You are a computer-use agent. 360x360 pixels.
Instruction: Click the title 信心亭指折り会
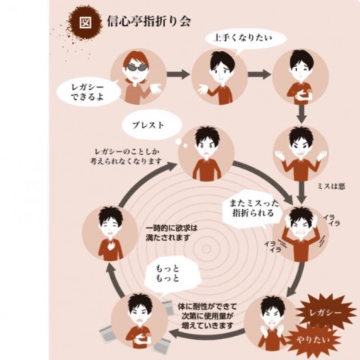tap(148, 22)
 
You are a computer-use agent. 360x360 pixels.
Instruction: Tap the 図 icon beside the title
tap(85, 22)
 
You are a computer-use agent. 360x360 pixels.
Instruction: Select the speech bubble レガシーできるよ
tap(88, 92)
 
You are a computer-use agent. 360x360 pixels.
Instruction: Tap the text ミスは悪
tap(331, 186)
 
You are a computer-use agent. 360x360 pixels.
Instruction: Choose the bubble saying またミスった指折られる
tap(253, 208)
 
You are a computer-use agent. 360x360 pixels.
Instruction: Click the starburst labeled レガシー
tap(325, 313)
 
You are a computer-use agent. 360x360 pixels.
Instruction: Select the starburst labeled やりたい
tap(313, 340)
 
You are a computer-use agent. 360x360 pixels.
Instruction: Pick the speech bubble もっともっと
tap(170, 274)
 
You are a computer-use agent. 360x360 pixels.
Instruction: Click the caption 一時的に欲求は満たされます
tap(172, 233)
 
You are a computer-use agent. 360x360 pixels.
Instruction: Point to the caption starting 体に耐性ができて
tap(207, 316)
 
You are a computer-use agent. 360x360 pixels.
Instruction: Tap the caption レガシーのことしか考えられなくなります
tap(126, 157)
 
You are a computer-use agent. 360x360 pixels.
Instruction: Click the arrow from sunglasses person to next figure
tap(178, 74)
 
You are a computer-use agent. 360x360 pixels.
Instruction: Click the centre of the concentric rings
tap(206, 248)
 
